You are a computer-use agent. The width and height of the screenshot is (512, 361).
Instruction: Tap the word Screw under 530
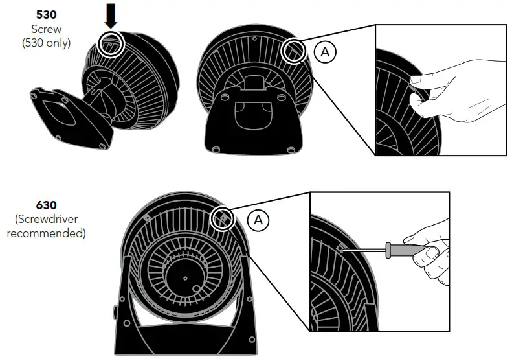[x=45, y=29]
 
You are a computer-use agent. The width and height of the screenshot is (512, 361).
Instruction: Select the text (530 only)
[x=45, y=43]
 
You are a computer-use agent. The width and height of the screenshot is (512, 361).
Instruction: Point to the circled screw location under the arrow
[x=112, y=43]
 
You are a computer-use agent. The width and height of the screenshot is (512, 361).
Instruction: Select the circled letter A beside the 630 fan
[x=258, y=220]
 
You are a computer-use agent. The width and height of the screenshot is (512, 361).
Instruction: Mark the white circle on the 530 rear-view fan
[x=295, y=50]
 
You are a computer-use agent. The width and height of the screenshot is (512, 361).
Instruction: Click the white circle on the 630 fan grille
[x=222, y=218]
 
